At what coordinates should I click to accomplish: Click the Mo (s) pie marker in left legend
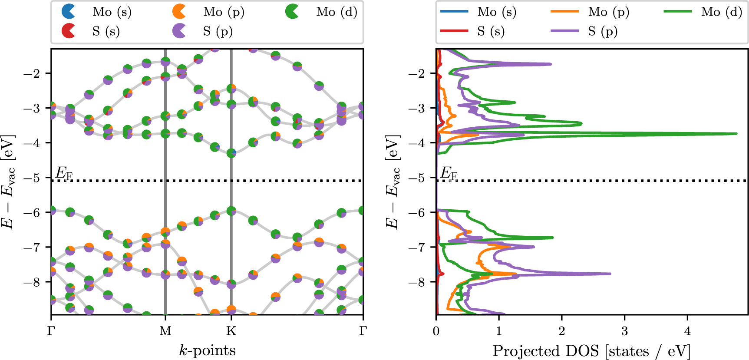pyautogui.click(x=69, y=12)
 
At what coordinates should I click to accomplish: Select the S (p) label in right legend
pyautogui.click(x=603, y=31)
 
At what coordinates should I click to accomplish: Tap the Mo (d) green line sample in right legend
pyautogui.click(x=677, y=12)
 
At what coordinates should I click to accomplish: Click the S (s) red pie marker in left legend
pyautogui.click(x=69, y=31)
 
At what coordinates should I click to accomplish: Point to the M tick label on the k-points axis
pyautogui.click(x=165, y=331)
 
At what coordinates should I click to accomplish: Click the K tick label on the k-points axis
pyautogui.click(x=231, y=331)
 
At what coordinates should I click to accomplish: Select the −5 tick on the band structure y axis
pyautogui.click(x=33, y=178)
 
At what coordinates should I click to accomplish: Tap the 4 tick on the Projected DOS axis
pyautogui.click(x=687, y=331)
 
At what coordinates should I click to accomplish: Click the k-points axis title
pyautogui.click(x=207, y=350)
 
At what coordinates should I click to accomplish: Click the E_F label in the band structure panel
pyautogui.click(x=64, y=174)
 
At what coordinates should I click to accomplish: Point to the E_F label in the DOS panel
pyautogui.click(x=449, y=174)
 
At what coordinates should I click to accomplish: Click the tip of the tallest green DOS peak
pyautogui.click(x=736, y=133)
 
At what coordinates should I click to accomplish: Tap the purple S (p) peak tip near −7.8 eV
pyautogui.click(x=610, y=274)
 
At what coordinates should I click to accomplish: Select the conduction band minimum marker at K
pyautogui.click(x=231, y=153)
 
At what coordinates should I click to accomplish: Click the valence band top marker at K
pyautogui.click(x=231, y=211)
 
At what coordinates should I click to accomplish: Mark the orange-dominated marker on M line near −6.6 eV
pyautogui.click(x=165, y=232)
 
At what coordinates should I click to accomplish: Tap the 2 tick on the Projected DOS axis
pyautogui.click(x=562, y=331)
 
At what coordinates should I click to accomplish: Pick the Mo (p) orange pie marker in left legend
pyautogui.click(x=179, y=12)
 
